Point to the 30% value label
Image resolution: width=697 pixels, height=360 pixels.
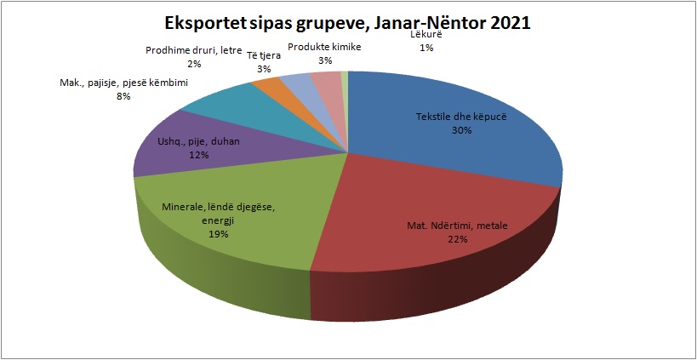coord(460,131)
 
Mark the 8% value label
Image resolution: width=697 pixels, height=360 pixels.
coord(123,96)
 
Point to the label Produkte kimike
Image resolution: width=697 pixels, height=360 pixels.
coord(324,48)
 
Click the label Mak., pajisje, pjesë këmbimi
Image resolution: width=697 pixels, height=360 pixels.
coord(124,83)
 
